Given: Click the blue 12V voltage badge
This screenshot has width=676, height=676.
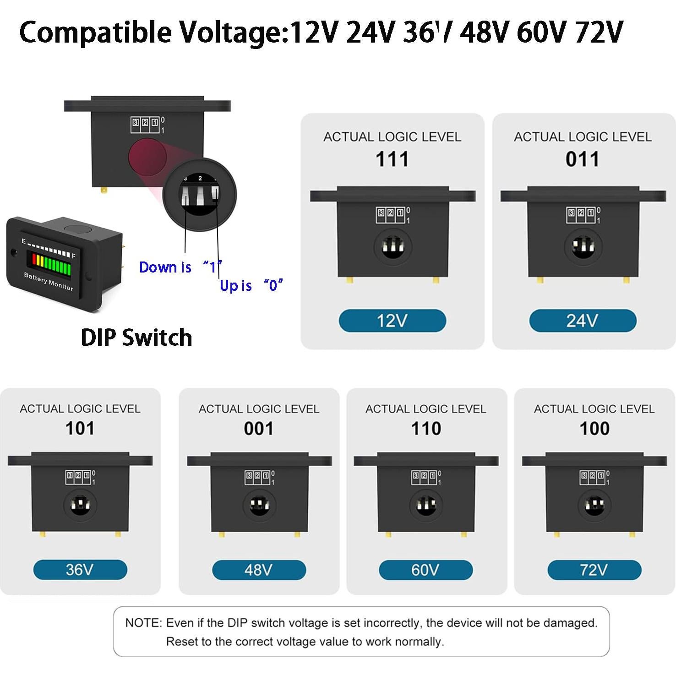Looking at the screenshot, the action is pos(392,321).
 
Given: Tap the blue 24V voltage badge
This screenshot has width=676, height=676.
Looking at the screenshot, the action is pos(582,321).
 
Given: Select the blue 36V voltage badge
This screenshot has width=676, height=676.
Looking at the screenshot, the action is pos(80,570).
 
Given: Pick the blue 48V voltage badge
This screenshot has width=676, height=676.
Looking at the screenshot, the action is pos(259,570).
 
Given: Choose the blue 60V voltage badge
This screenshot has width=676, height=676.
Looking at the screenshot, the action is pos(425,570).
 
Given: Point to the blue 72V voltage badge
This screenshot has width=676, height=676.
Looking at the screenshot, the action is pos(594,570).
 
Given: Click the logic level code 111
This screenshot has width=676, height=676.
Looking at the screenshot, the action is pos(392,159).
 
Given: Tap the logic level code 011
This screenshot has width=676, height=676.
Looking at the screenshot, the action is pos(582,159).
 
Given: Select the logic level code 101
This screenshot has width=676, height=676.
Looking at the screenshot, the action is pos(80,429).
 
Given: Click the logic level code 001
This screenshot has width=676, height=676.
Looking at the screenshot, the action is pos(259,429).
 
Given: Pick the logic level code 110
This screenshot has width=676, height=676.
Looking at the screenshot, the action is pos(426,429).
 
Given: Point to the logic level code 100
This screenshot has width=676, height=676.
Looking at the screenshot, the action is pos(594,429).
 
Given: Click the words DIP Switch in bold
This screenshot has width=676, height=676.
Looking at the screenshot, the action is pos(136,338).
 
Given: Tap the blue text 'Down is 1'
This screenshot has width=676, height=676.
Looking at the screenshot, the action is pos(180,267).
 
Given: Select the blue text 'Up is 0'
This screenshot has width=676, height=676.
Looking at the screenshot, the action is pos(251,286).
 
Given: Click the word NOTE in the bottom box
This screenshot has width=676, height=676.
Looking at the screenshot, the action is pos(143,623).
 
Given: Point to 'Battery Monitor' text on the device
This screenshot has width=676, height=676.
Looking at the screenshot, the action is pos(49,281).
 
